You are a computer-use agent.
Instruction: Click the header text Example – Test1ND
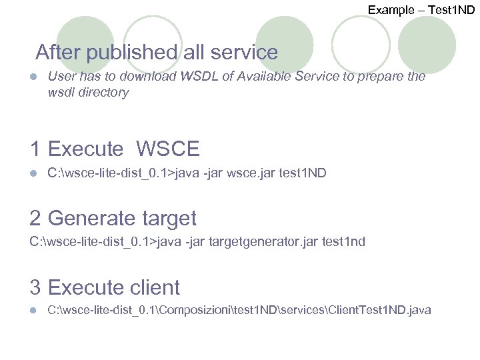coord(421,9)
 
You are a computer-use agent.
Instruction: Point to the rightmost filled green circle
coord(427,45)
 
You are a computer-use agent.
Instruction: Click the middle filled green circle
coord(285,45)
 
